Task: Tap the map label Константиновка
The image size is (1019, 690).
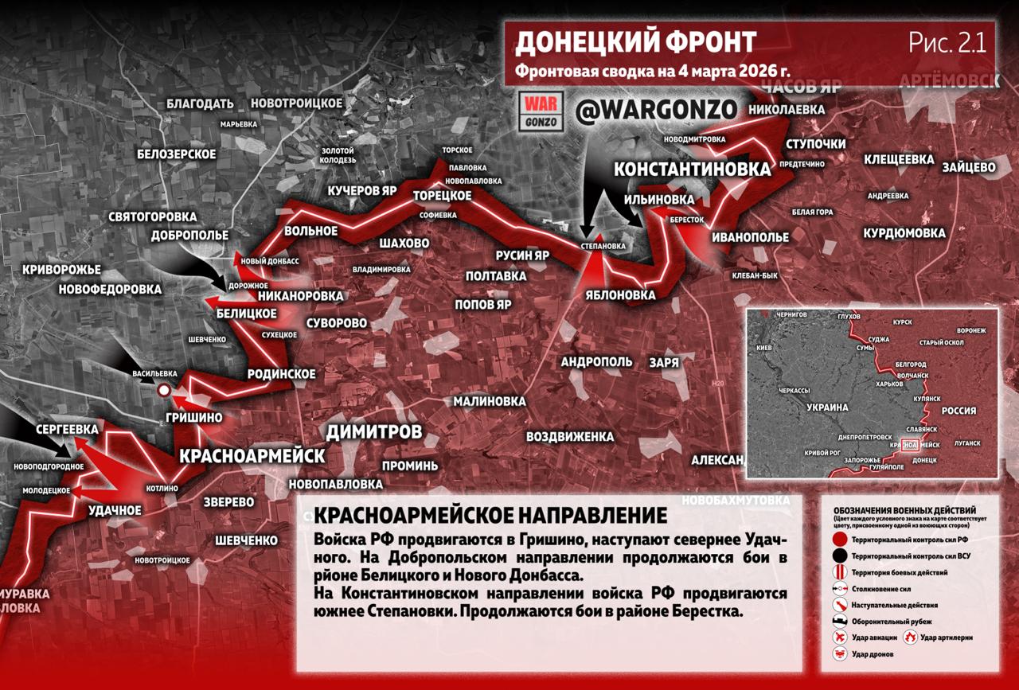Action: coord(693,169)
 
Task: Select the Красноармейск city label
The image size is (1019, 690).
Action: coord(252,456)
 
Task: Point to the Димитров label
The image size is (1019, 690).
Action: coord(373,432)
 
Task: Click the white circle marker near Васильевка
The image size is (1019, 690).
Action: coord(163,390)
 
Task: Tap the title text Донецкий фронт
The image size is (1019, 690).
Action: coord(635,43)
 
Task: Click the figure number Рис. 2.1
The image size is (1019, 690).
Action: coord(947,43)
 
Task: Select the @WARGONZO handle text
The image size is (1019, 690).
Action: coord(656,111)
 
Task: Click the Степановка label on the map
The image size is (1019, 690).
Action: coord(603,246)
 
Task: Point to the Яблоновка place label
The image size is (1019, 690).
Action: coord(619,295)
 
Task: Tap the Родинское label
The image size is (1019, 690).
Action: coord(281,373)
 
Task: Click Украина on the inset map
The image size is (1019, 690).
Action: coord(829,407)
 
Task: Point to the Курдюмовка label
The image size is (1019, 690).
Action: coord(904,233)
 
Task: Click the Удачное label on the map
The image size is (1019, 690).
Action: coord(115,510)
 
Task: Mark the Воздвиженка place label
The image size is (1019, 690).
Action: coord(570,437)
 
